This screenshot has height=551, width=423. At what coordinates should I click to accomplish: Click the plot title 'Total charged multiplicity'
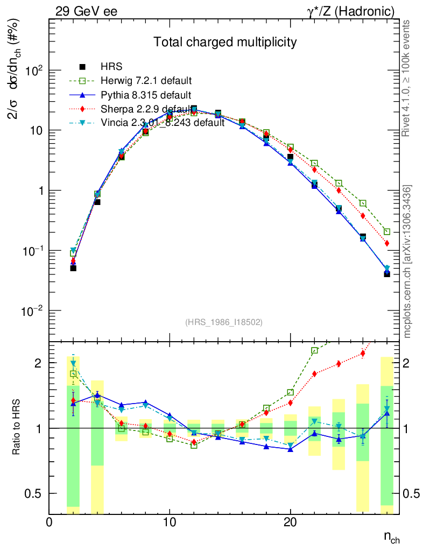pyautogui.click(x=225, y=42)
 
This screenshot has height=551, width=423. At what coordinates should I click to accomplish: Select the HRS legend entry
pyautogui.click(x=112, y=67)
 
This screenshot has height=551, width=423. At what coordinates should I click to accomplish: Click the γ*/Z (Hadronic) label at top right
pyautogui.click(x=349, y=11)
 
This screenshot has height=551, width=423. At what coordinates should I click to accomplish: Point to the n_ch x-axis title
pyautogui.click(x=391, y=537)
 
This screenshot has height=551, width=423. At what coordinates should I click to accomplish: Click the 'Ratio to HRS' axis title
pyautogui.click(x=16, y=428)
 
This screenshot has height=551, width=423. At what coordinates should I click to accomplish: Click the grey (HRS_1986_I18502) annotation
pyautogui.click(x=224, y=322)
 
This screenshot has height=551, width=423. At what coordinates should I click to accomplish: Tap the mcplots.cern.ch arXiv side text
pyautogui.click(x=407, y=262)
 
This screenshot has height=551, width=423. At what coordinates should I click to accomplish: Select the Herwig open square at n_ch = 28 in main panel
pyautogui.click(x=387, y=231)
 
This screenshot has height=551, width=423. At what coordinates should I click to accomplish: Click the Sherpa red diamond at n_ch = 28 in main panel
pyautogui.click(x=387, y=243)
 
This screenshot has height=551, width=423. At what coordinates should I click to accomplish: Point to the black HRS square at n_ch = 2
pyautogui.click(x=73, y=267)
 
